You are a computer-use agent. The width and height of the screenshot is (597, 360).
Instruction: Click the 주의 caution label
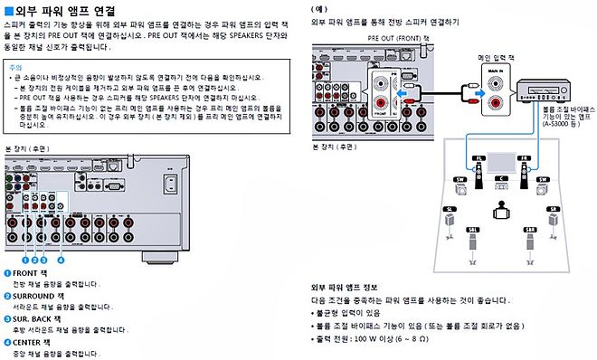pos(14,67)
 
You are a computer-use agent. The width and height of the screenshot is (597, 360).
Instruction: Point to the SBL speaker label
pos(472,230)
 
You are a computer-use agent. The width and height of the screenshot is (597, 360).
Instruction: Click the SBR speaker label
pos(529,230)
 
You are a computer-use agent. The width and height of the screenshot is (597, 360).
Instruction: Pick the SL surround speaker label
pos(449,208)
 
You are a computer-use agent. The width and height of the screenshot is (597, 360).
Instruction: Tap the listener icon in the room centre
pos(500,213)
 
